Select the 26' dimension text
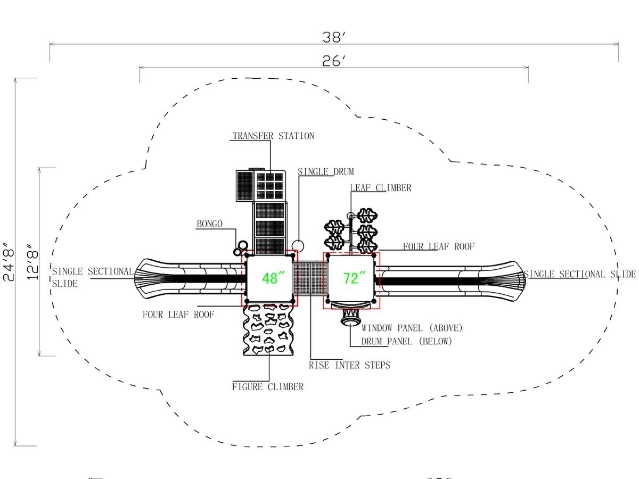point(334,61)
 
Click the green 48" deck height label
point(274,278)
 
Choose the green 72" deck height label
point(354,278)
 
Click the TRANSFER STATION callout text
point(273,136)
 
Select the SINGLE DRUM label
point(326,171)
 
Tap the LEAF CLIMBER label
point(381,188)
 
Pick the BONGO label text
point(210,224)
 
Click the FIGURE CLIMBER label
point(268,387)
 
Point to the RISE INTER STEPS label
point(349,365)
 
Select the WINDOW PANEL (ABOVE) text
point(412,328)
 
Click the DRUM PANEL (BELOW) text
point(407,341)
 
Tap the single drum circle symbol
point(298,246)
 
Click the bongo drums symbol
point(241,248)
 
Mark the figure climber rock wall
point(268,330)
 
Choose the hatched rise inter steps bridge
point(310,278)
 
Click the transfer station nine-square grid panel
point(270,186)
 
